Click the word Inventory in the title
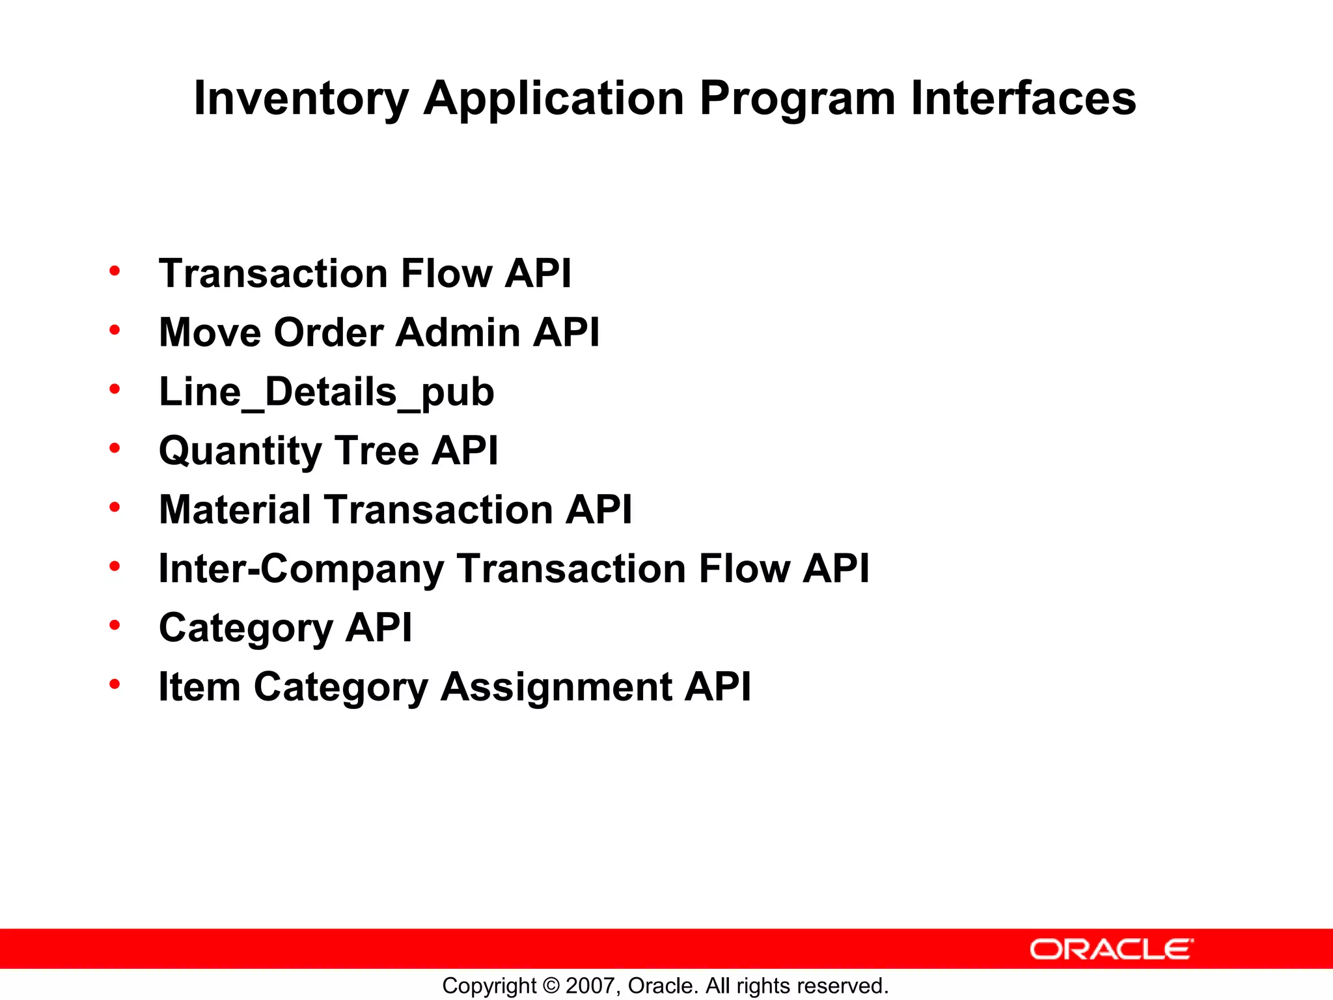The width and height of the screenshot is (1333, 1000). (x=301, y=99)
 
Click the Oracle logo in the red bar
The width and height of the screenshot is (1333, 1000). (x=1111, y=949)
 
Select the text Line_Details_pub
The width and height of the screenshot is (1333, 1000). (x=326, y=392)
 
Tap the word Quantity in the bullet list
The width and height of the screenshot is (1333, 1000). (x=240, y=451)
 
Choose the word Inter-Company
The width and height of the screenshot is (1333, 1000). (x=301, y=569)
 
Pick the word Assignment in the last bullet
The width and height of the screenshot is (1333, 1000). (x=557, y=687)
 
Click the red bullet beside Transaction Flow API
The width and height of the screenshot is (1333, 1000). (x=115, y=271)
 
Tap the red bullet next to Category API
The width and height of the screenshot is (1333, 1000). (x=115, y=626)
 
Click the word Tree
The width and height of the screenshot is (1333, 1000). (x=377, y=451)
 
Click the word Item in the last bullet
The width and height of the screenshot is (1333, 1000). (x=199, y=687)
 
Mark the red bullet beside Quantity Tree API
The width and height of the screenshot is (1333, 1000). (x=115, y=449)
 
